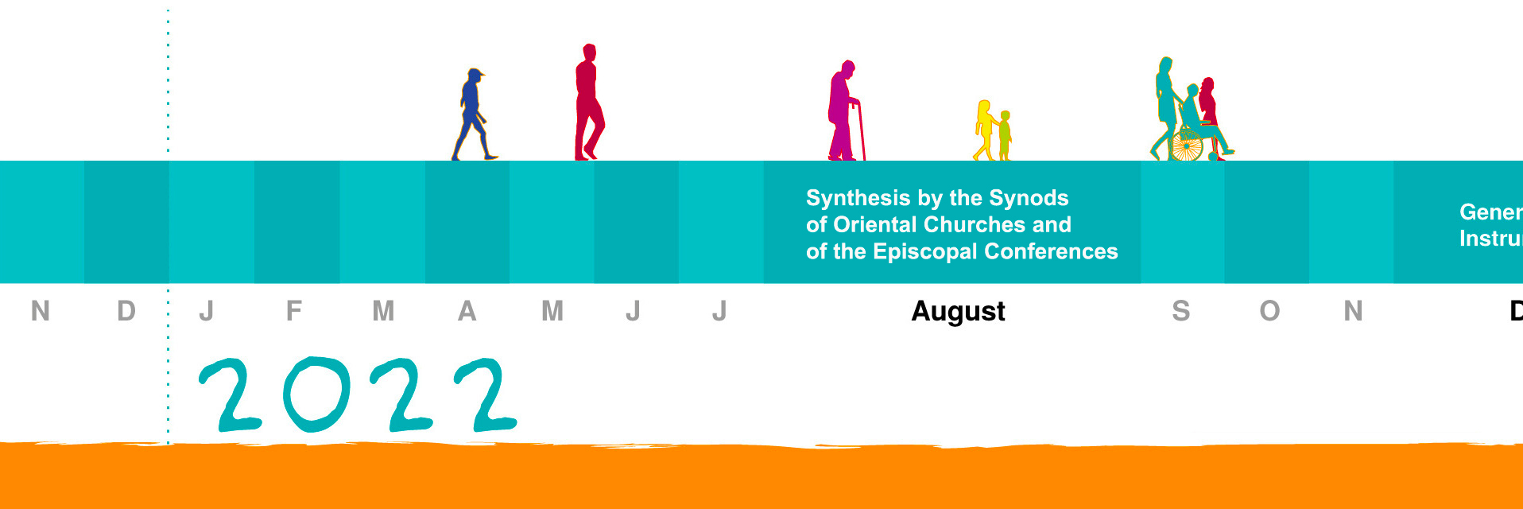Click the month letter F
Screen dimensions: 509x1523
[293, 311]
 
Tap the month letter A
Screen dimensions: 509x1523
[467, 311]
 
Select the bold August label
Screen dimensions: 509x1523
[958, 311]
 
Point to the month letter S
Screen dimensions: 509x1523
[1180, 311]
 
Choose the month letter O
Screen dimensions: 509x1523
[1269, 311]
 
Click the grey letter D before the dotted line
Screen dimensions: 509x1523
[126, 311]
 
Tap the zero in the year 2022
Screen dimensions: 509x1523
[316, 394]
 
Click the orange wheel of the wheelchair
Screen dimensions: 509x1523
[1186, 146]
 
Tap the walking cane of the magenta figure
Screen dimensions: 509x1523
[860, 131]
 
